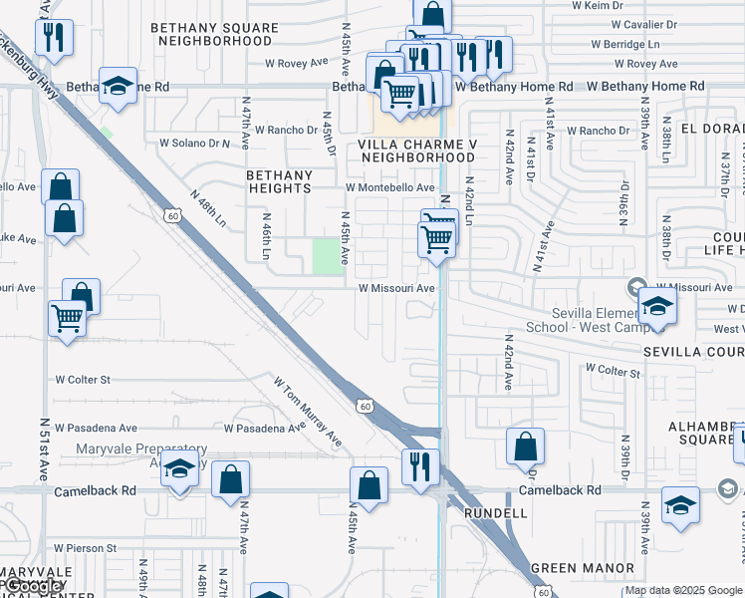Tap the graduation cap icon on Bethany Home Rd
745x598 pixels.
(x=119, y=87)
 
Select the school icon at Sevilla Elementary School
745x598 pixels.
(x=657, y=306)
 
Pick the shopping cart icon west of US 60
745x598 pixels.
(x=67, y=319)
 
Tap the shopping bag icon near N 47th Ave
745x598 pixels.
(x=230, y=479)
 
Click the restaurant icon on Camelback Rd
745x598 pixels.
(x=420, y=466)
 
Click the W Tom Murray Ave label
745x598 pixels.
(x=308, y=411)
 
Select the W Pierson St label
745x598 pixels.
(x=86, y=547)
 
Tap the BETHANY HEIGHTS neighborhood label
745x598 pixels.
(x=280, y=181)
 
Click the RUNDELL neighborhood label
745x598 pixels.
(x=495, y=512)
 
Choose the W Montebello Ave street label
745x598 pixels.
(x=390, y=187)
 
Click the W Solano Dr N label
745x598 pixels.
(x=194, y=144)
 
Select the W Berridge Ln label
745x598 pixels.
(x=624, y=44)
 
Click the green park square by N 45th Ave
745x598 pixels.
(x=326, y=256)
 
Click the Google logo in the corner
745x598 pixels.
(x=35, y=586)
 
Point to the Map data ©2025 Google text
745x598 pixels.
(x=683, y=590)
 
